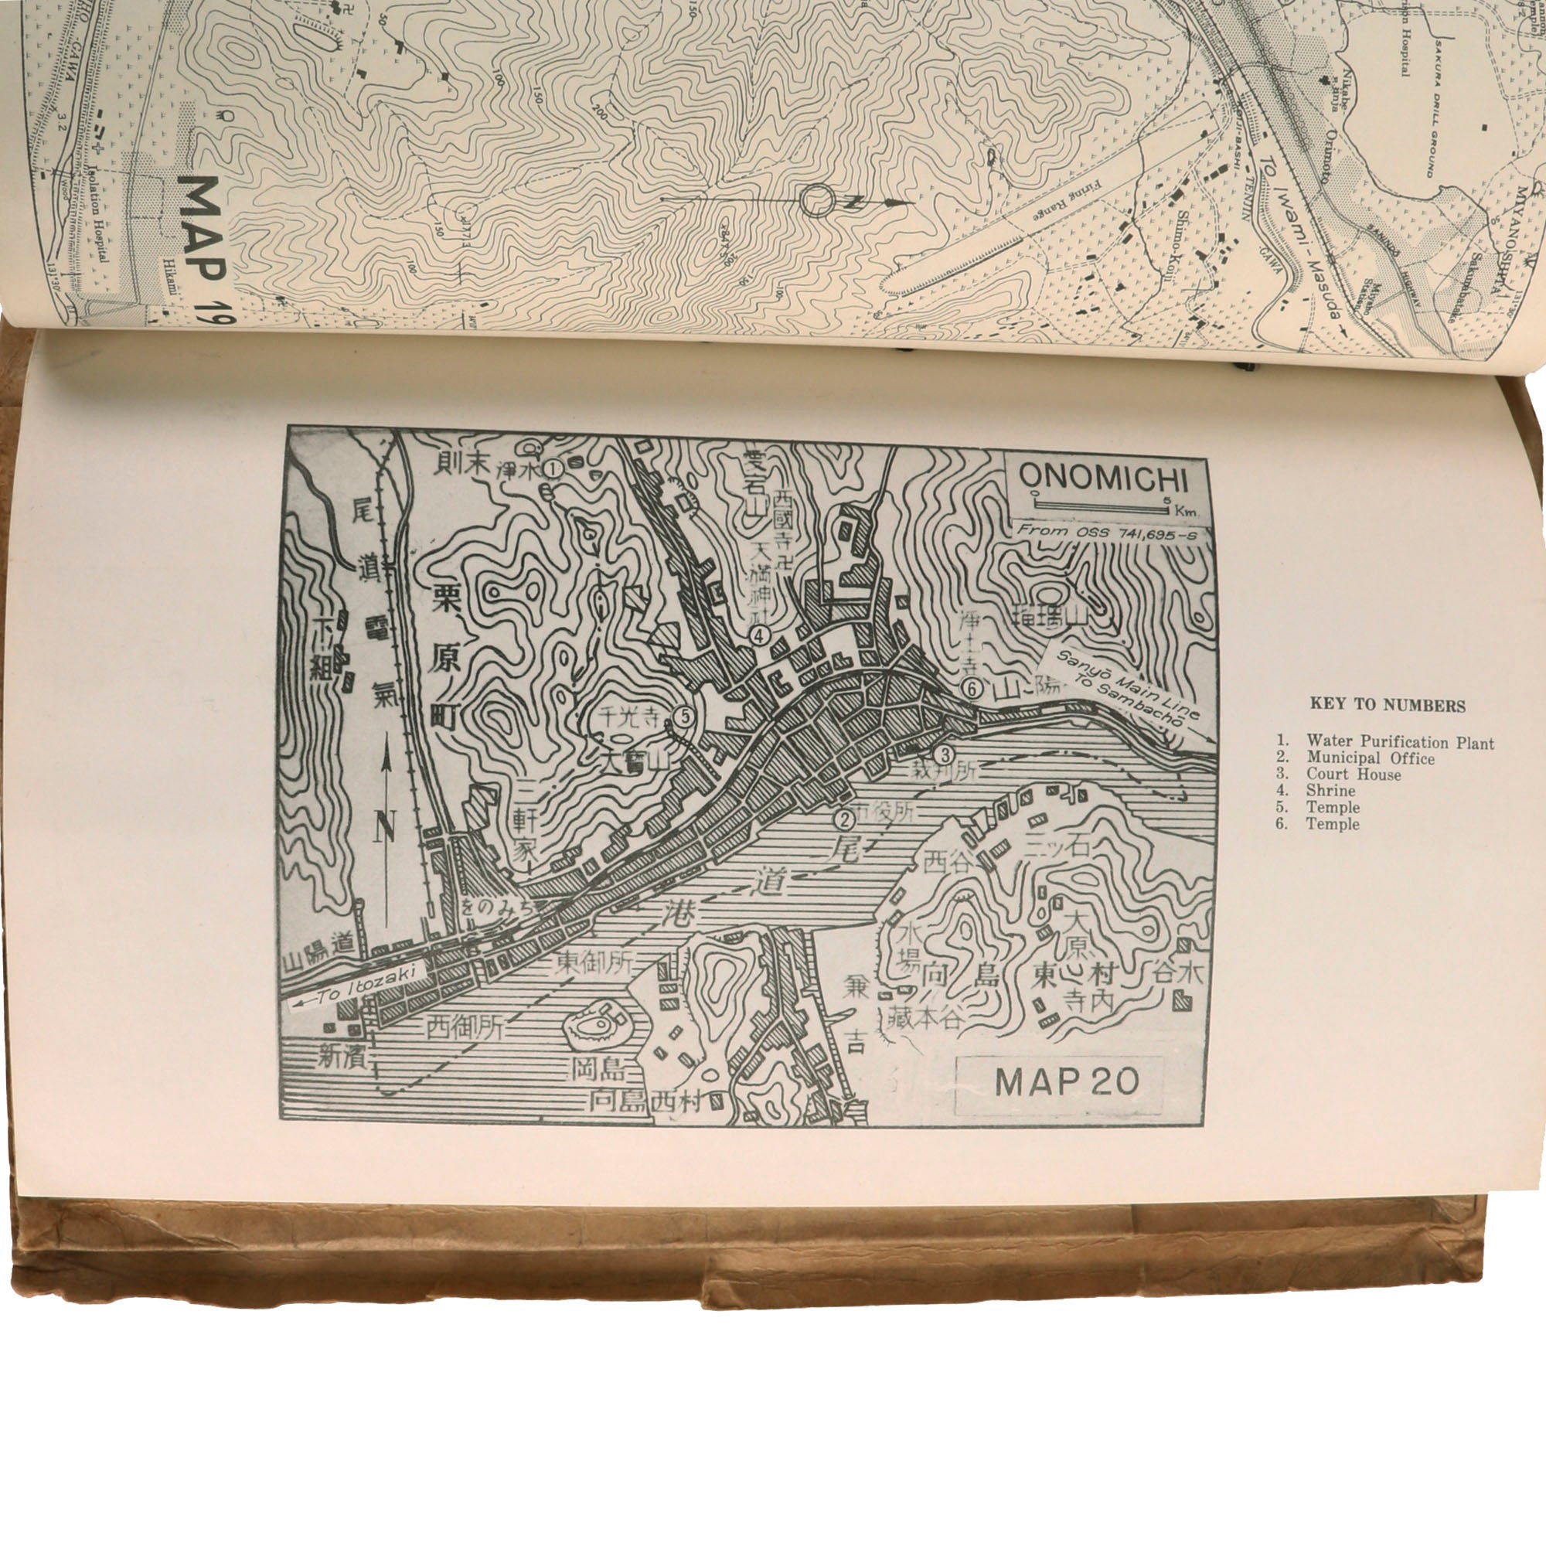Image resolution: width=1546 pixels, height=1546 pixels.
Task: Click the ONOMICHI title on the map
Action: (x=1104, y=479)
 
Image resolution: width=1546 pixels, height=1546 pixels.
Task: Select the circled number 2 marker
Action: (x=842, y=819)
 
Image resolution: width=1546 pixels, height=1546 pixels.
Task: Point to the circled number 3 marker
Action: (x=945, y=754)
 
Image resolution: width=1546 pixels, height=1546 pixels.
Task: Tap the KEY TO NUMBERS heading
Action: (x=1387, y=706)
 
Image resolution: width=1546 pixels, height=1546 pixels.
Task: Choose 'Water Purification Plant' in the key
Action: (x=1400, y=743)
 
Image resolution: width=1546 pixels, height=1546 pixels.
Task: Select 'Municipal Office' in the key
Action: (x=1370, y=758)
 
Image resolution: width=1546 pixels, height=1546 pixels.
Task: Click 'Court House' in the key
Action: (x=1354, y=775)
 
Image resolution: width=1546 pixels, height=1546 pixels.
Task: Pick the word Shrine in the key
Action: (x=1332, y=791)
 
